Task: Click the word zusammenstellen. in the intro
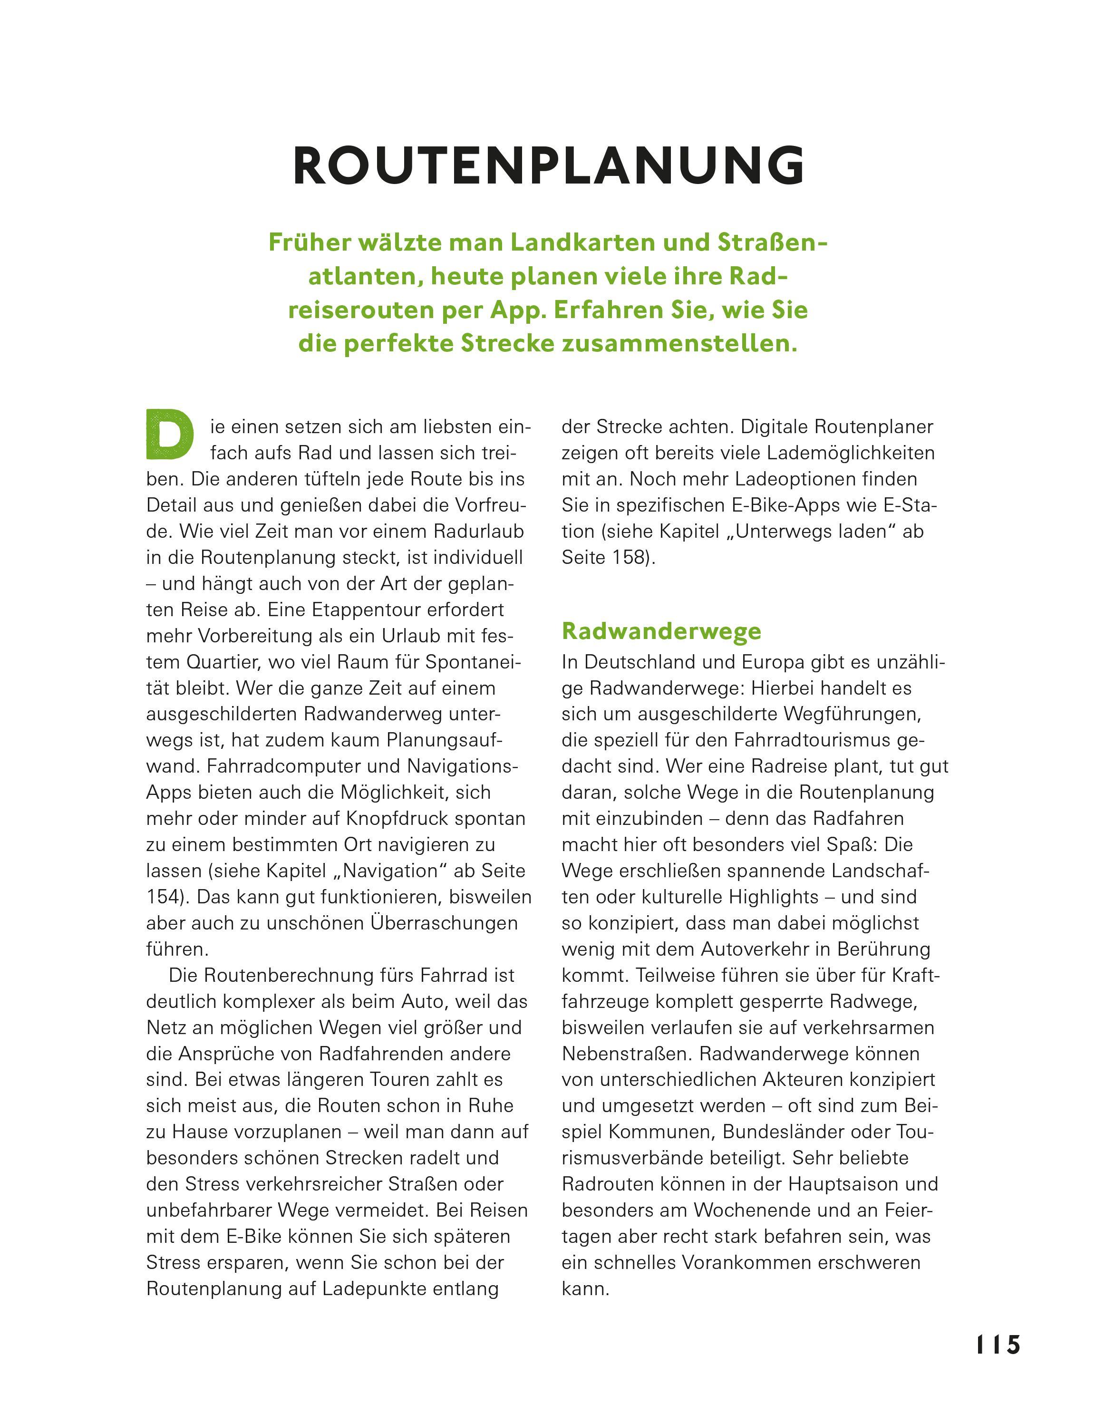tap(679, 343)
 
